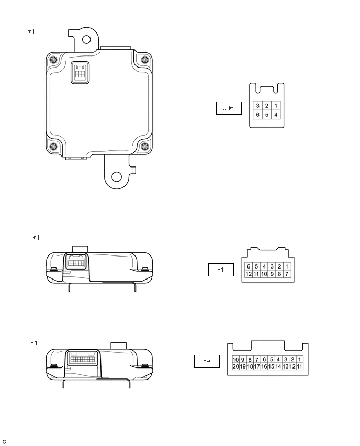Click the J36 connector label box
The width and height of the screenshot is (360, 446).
click(229, 108)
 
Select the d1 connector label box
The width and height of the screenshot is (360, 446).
click(221, 270)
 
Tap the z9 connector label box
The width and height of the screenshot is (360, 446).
click(207, 361)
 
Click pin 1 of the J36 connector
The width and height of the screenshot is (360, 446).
click(276, 106)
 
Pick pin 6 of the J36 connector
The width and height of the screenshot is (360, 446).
click(257, 115)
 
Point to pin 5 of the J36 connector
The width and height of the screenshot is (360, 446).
click(267, 115)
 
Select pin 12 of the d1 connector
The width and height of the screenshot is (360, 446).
click(249, 274)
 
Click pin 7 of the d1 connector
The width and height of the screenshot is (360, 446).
click(287, 274)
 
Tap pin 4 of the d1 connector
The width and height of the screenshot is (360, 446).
click(264, 266)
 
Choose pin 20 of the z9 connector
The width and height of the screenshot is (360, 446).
click(236, 366)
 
